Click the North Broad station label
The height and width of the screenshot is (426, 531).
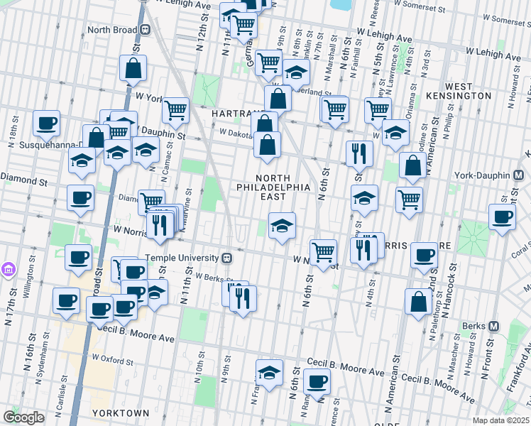coord(113,31)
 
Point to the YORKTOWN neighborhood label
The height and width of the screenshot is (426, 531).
coord(120,413)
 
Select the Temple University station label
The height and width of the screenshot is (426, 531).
coord(184,258)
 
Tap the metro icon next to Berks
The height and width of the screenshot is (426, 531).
coord(496,326)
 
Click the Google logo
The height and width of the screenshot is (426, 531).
coord(23,417)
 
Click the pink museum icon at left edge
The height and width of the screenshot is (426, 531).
coord(9,268)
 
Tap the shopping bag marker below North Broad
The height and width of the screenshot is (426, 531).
coord(133,69)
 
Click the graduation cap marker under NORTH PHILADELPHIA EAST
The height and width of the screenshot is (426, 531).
coord(282,226)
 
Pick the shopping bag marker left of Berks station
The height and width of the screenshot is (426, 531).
coord(419,300)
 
